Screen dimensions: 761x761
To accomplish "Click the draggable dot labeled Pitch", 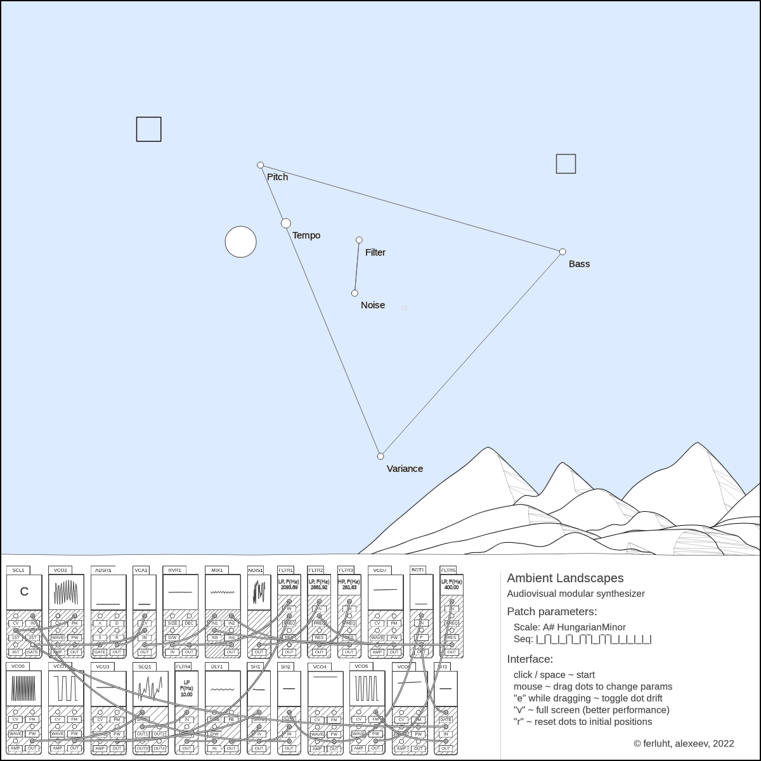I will [260, 166].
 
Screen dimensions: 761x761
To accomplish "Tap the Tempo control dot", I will [286, 223].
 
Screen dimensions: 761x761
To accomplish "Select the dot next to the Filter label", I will [359, 240].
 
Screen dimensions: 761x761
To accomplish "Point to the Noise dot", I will [354, 293].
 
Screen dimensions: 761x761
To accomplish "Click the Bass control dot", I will [563, 252].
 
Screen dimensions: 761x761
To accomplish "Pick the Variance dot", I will [380, 456].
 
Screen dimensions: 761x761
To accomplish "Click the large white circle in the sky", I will [241, 242].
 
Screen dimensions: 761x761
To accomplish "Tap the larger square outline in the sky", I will [149, 129].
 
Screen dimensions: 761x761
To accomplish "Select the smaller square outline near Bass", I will [566, 164].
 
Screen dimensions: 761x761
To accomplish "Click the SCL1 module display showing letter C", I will [24, 592].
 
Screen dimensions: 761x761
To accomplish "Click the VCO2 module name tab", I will [60, 570].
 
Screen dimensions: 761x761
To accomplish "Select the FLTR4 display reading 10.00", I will [186, 689].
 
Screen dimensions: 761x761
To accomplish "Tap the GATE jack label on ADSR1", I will [100, 652].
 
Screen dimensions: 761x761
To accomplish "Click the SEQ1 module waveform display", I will [150, 688].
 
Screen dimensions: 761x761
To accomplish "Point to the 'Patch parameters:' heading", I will [552, 611].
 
